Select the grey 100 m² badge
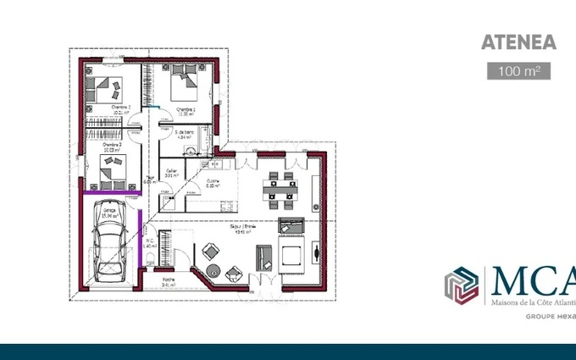click(518, 71)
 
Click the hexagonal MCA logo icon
click(462, 285)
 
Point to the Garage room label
click(110, 213)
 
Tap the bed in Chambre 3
click(111, 174)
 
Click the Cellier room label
click(171, 173)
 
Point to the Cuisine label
click(213, 183)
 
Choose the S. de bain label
click(185, 134)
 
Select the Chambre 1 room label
click(186, 110)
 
